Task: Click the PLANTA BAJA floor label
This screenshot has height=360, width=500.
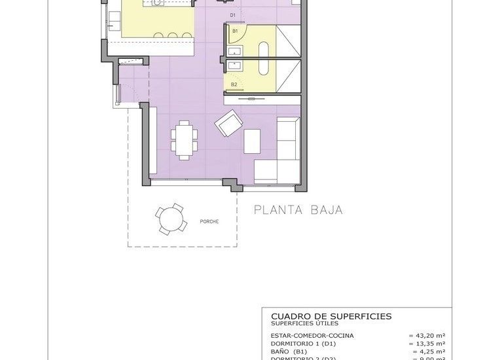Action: point(298,210)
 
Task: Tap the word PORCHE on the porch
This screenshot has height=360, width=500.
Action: point(209,221)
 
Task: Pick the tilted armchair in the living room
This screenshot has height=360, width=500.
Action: point(229,123)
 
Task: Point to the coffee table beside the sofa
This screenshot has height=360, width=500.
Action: point(252,141)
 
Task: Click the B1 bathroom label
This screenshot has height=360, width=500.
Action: point(235,30)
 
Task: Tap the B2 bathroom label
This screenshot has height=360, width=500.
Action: point(234,84)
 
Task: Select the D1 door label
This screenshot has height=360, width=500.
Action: point(233,15)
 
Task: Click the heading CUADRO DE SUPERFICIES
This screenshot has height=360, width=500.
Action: point(331,316)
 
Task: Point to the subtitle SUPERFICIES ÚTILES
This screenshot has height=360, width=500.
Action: point(306,323)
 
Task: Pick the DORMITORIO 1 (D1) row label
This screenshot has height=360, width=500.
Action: point(305,343)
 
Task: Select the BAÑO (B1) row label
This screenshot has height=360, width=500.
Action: point(289,351)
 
